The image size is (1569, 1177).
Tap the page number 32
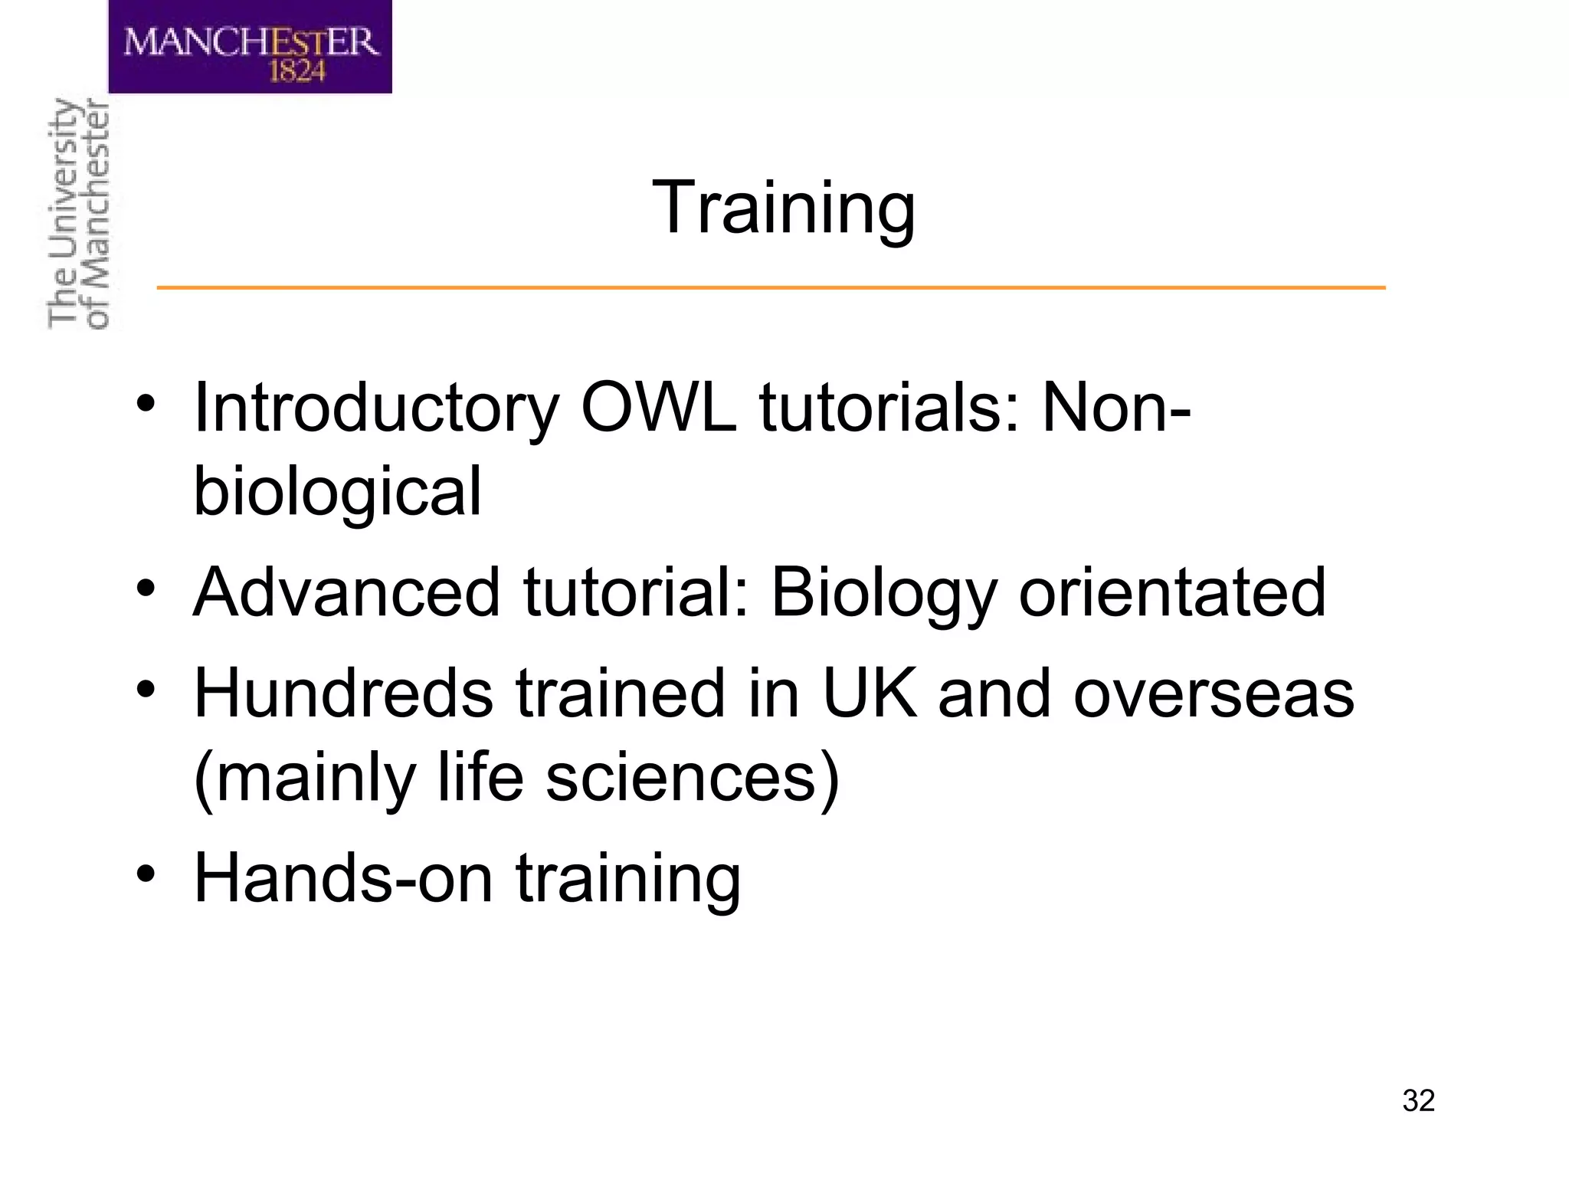click(1418, 1101)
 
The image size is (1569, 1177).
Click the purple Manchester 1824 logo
click(250, 46)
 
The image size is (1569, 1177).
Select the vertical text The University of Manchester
click(78, 215)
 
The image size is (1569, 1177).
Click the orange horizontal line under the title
click(771, 288)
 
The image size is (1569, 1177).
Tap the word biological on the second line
click(337, 493)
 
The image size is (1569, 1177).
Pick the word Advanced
click(346, 592)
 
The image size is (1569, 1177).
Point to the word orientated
click(1171, 592)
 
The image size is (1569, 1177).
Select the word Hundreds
click(344, 693)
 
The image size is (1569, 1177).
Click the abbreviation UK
click(869, 693)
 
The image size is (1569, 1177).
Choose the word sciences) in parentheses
click(693, 778)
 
